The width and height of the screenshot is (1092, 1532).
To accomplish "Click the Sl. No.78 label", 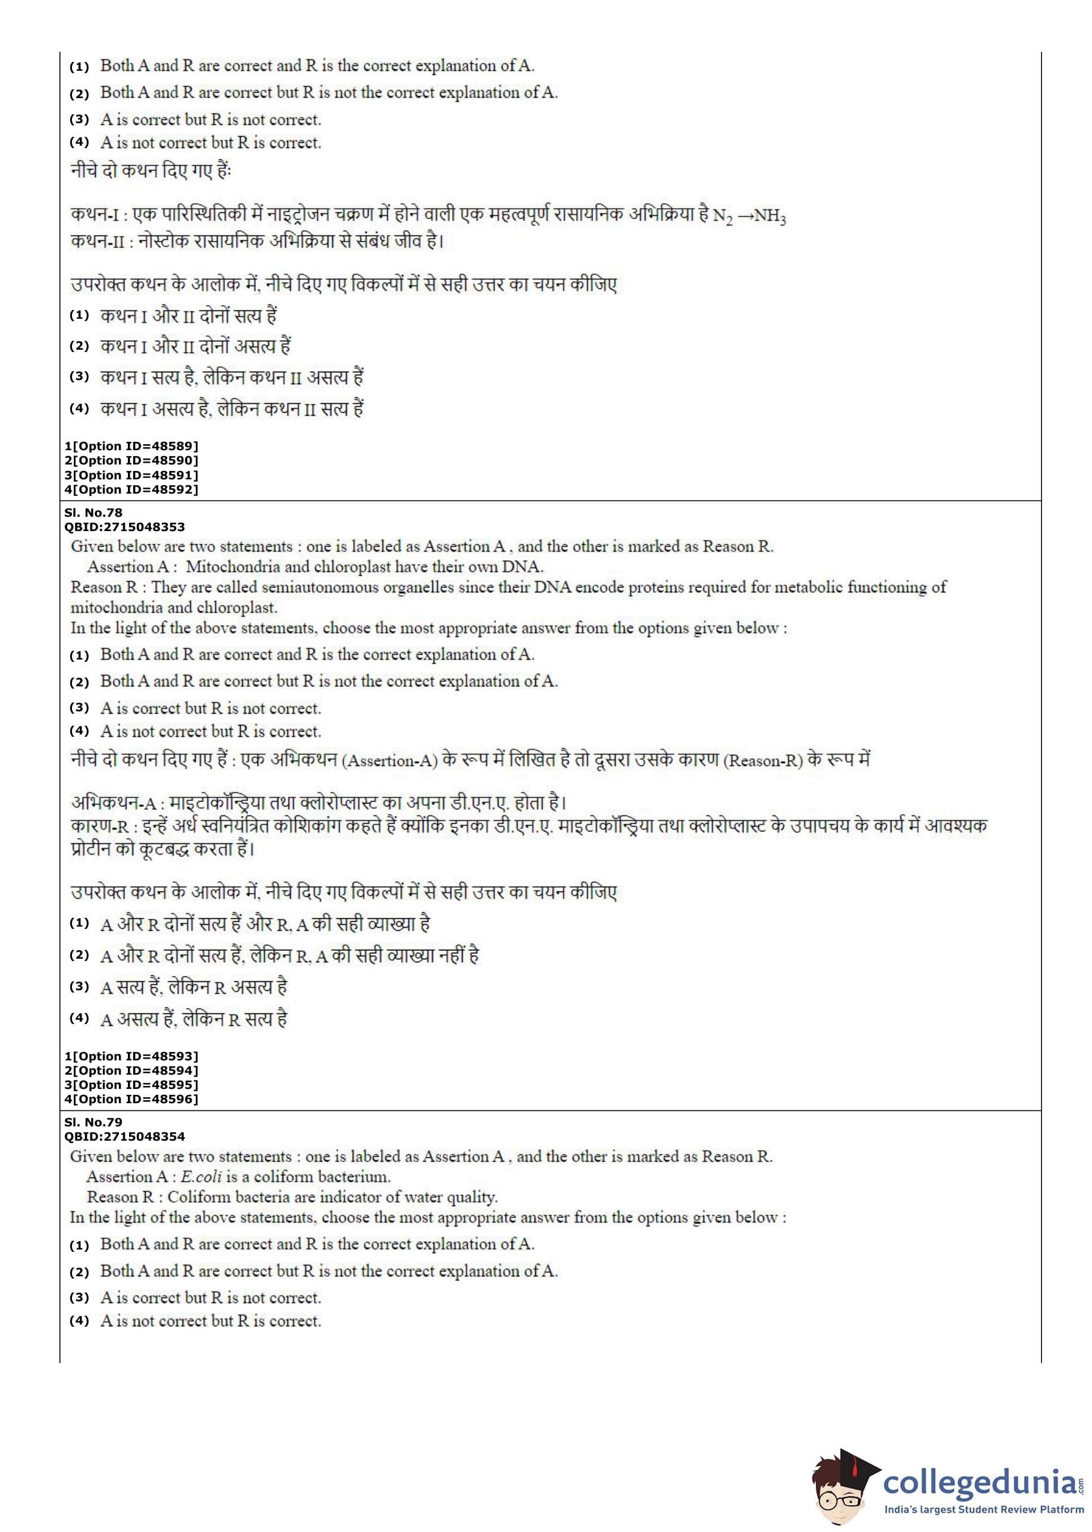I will tap(93, 512).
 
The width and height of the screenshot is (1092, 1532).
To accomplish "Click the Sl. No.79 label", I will tap(93, 1122).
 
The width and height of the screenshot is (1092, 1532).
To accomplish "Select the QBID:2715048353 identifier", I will tap(124, 527).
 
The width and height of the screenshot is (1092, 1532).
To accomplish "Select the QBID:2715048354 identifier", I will tap(124, 1137).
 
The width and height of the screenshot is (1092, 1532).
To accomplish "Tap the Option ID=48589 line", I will tap(131, 445).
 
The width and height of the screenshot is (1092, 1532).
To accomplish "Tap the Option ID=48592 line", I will tap(131, 489).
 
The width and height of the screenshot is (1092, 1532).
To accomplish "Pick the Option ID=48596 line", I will tap(131, 1099).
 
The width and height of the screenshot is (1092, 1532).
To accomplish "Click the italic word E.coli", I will tap(201, 1176).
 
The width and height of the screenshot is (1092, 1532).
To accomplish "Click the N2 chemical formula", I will tap(722, 216).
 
